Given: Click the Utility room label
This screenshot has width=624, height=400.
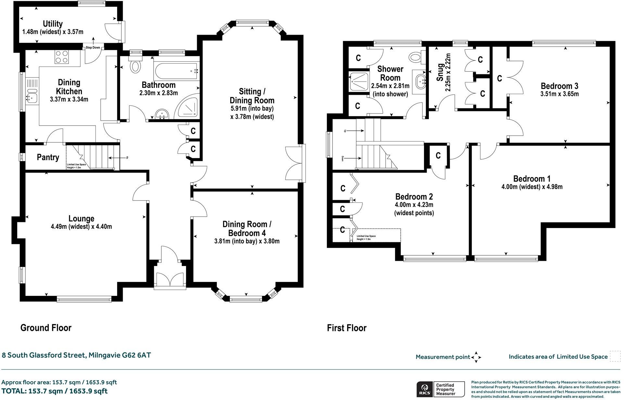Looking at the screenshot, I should pyautogui.click(x=53, y=24).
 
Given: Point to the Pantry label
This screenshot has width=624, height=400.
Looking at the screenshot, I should pyautogui.click(x=48, y=157).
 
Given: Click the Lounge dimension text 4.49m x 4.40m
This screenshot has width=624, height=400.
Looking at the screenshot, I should pyautogui.click(x=81, y=227).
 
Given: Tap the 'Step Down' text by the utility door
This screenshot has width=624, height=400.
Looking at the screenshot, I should pyautogui.click(x=93, y=48).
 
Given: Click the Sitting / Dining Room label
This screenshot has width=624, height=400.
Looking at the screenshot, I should pyautogui.click(x=252, y=96).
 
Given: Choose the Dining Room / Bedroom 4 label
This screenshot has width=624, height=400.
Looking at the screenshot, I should pyautogui.click(x=247, y=228).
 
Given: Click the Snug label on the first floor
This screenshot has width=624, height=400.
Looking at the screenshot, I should pyautogui.click(x=440, y=72).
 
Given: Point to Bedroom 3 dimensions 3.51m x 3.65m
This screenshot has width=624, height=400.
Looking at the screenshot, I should pyautogui.click(x=559, y=94).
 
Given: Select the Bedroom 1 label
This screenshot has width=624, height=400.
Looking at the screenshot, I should pyautogui.click(x=532, y=178).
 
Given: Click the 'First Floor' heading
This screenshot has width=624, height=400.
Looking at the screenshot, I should pyautogui.click(x=346, y=328).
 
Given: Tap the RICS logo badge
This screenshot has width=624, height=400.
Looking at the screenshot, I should pyautogui.click(x=424, y=389).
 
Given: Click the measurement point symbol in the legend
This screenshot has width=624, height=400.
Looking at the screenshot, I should pyautogui.click(x=476, y=357).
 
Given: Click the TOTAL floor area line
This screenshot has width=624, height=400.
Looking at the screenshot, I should pyautogui.click(x=55, y=391).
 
